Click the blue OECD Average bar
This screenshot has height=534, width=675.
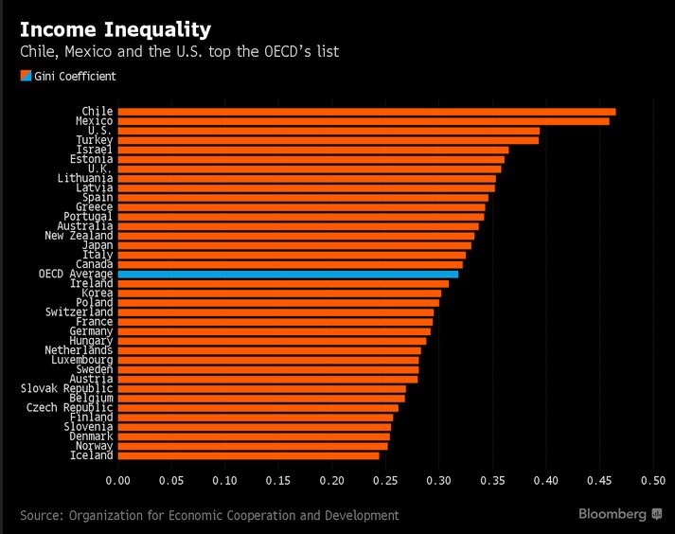pos(288,275)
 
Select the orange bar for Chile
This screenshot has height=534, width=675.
pos(366,112)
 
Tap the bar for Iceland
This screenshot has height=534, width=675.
pos(248,455)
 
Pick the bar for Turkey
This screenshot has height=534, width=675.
pos(328,140)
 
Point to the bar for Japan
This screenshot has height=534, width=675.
pos(294,245)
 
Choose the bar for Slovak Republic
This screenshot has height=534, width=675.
pos(261,389)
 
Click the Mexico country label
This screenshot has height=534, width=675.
pos(95,121)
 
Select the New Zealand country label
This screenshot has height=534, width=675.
pos(79,236)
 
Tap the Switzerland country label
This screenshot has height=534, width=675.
pos(80,311)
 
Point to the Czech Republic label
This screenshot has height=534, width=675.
pos(70,408)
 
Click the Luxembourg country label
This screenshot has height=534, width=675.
pos(82,360)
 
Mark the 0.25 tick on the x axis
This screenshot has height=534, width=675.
pos(385,481)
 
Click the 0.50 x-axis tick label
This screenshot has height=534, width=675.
pos(653,481)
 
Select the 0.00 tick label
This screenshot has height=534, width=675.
pos(118,481)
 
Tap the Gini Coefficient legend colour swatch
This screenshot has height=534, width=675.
pos(26,76)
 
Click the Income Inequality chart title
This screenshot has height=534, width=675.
pos(115,29)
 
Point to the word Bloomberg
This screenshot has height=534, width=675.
pos(613,514)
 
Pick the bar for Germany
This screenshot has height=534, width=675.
pos(275,331)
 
